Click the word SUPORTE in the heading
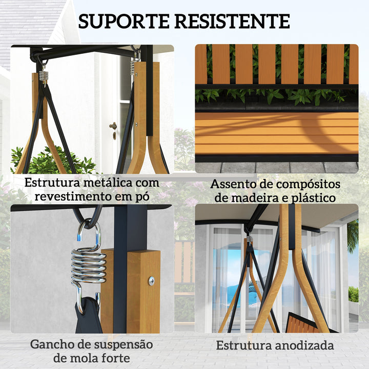click(123, 21)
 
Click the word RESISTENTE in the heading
click(232, 21)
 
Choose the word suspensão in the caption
click(126, 344)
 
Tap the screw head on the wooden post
click(151, 280)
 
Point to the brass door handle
click(113, 126)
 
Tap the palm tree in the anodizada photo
click(353, 236)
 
